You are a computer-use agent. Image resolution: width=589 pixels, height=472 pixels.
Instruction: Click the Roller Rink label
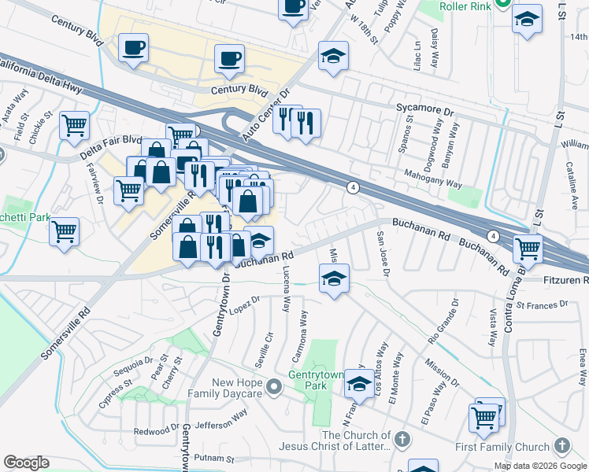click(x=465, y=6)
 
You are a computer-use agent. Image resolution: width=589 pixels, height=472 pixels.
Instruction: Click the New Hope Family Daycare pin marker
click(x=273, y=386)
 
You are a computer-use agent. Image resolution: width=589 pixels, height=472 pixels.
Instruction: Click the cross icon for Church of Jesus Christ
click(x=402, y=438)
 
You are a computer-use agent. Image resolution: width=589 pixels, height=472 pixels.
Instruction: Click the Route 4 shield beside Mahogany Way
click(x=354, y=186)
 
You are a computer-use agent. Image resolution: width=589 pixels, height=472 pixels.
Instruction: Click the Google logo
click(x=26, y=463)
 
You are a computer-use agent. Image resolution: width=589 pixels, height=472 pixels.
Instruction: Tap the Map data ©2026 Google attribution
click(x=539, y=466)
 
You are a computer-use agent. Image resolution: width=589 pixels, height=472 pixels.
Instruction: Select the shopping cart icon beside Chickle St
click(x=74, y=124)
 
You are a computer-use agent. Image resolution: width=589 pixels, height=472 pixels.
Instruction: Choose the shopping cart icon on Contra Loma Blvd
click(x=527, y=249)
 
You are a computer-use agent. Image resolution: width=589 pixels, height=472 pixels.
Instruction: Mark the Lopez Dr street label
click(x=246, y=303)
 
